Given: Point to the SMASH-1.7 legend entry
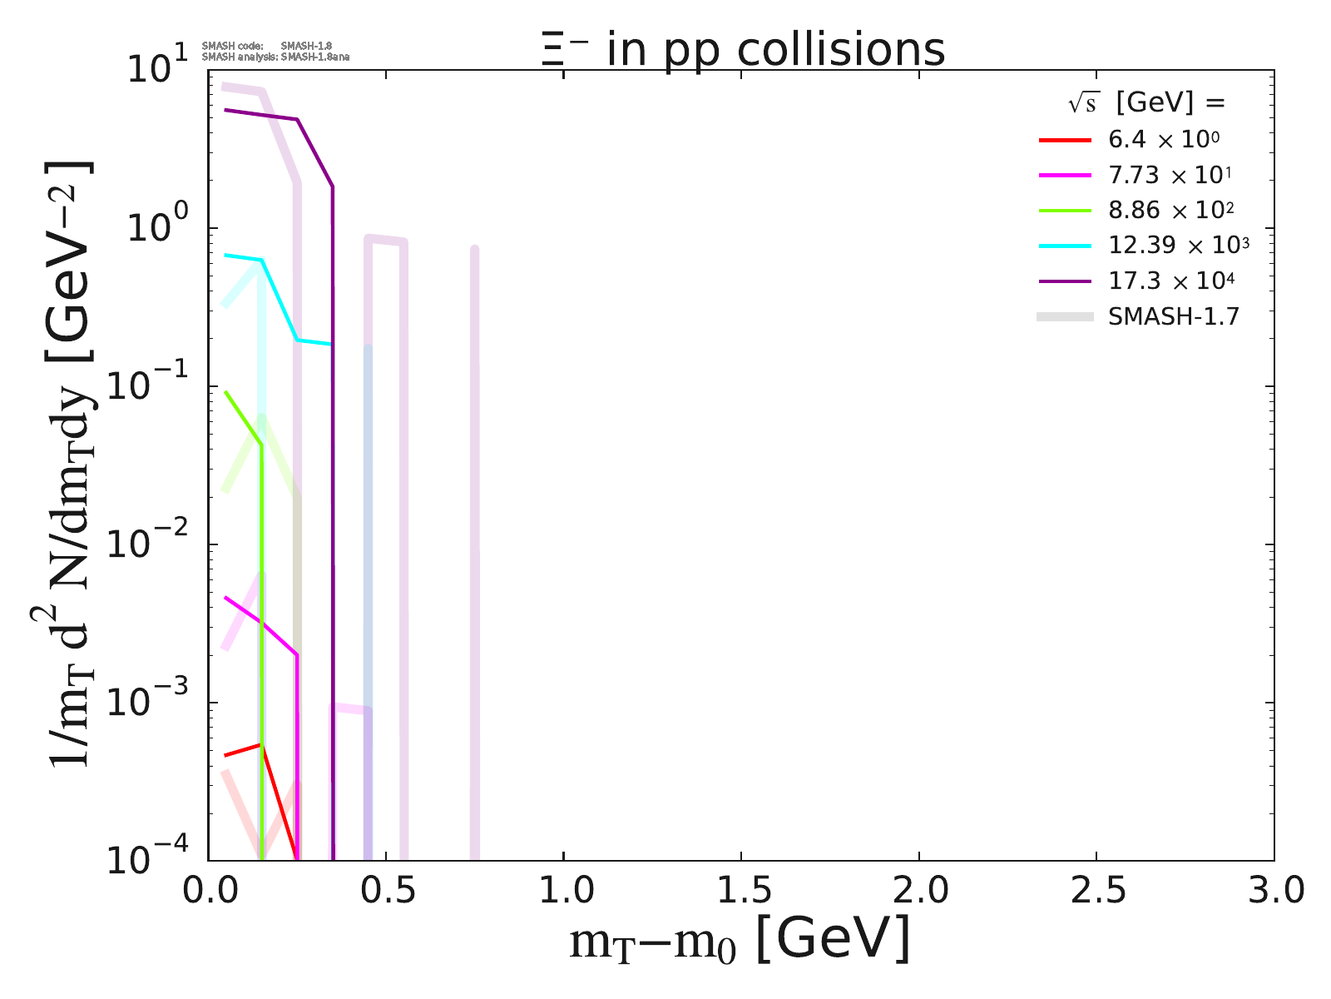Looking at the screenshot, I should (1173, 316).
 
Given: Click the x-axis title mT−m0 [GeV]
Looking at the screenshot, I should (740, 941).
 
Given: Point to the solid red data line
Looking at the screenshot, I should (241, 749).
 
